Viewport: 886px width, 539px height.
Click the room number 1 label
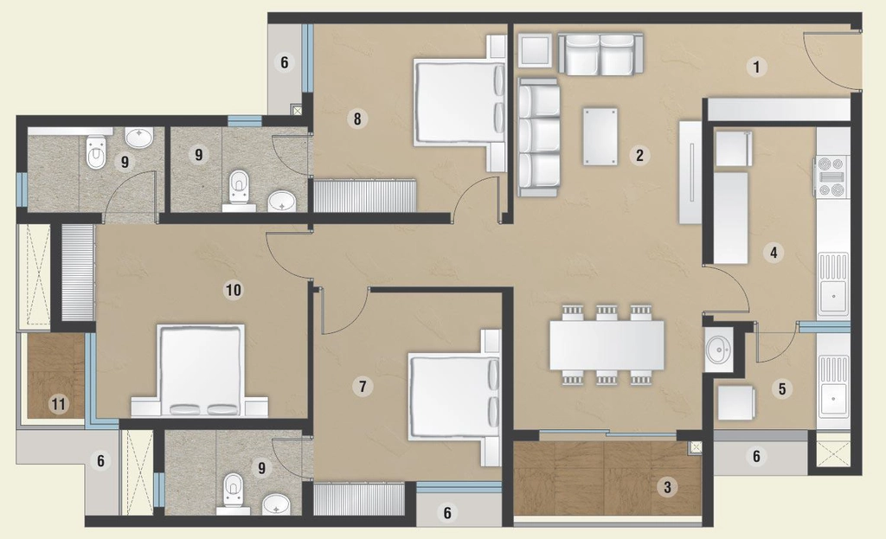[756, 67]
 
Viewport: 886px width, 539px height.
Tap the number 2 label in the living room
[639, 156]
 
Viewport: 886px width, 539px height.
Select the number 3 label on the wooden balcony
[667, 487]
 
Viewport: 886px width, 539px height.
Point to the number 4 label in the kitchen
[773, 252]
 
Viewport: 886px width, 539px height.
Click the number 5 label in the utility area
[782, 388]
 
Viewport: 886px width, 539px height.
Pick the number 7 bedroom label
[363, 387]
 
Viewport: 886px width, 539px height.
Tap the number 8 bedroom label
[357, 119]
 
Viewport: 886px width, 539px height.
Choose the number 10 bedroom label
[234, 291]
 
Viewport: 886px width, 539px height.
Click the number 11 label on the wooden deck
[58, 405]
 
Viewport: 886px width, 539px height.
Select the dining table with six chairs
[607, 344]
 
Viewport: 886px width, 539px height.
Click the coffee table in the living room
[600, 136]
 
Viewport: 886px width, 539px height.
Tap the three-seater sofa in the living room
[539, 138]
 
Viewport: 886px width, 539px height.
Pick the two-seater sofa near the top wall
[600, 54]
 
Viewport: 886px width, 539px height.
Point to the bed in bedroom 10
[200, 370]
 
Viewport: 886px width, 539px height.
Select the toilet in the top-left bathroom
[96, 152]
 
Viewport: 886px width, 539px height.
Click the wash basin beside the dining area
[718, 350]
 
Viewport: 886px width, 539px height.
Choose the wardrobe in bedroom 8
[365, 196]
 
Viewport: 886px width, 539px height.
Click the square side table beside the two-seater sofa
[535, 49]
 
